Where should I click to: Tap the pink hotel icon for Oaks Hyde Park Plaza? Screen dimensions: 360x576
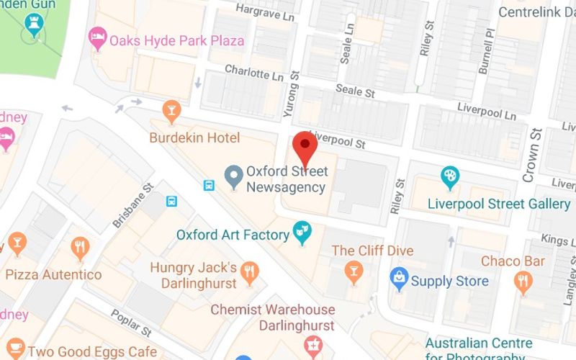tap(97, 40)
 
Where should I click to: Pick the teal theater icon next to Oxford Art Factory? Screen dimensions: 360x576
tap(302, 233)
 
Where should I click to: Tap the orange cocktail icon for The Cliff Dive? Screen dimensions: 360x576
tap(353, 272)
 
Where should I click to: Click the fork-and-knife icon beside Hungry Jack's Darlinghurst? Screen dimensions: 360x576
tap(251, 271)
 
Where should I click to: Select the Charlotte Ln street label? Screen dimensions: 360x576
tap(255, 73)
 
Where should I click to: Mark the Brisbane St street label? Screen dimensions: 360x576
tap(134, 205)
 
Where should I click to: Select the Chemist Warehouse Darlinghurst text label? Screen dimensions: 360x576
tap(272, 317)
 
